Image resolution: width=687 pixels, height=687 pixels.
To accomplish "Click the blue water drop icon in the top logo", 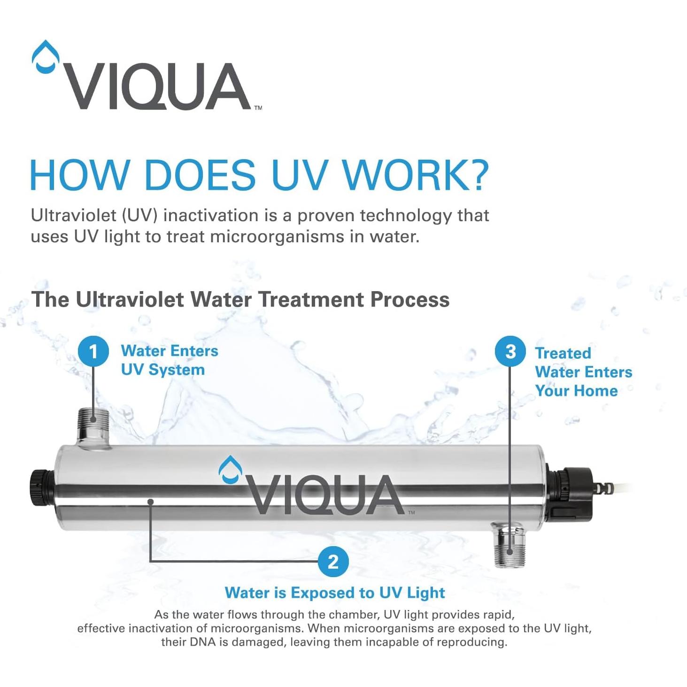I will [46, 57].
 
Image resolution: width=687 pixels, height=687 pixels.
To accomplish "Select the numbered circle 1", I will [93, 351].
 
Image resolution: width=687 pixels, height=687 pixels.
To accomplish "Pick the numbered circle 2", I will [333, 562].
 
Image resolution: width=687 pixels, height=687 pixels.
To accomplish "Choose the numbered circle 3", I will [510, 352].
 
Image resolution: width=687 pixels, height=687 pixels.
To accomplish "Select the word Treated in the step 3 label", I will [563, 353].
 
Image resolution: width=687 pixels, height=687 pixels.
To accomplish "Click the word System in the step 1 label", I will [177, 370].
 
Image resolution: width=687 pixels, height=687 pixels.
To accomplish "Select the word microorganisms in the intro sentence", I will [277, 237].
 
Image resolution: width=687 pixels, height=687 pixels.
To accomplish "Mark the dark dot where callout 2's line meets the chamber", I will [150, 502].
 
